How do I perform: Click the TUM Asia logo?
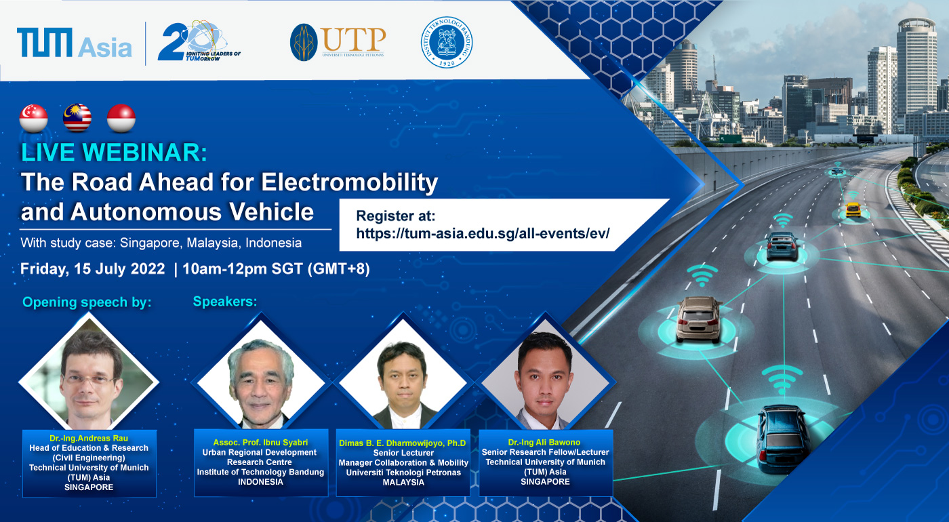click(x=74, y=43)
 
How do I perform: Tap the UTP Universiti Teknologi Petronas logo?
click(x=338, y=42)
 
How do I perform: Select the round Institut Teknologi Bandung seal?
click(x=447, y=42)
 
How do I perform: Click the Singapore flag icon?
click(x=33, y=118)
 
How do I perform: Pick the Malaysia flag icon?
click(x=77, y=118)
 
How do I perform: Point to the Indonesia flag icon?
click(x=121, y=118)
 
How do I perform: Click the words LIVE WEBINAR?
click(x=114, y=152)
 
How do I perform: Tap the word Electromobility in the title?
click(x=350, y=182)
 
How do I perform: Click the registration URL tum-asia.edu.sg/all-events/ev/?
click(x=483, y=233)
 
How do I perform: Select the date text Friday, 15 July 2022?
click(x=92, y=268)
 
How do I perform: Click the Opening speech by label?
click(x=87, y=302)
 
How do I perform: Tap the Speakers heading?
click(x=225, y=301)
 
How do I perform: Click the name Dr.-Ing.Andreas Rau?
click(x=89, y=438)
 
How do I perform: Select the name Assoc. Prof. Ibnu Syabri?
click(x=260, y=442)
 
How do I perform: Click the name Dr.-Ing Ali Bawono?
click(x=544, y=442)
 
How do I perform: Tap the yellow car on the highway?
click(x=853, y=209)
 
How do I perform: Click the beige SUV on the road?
click(x=698, y=319)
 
